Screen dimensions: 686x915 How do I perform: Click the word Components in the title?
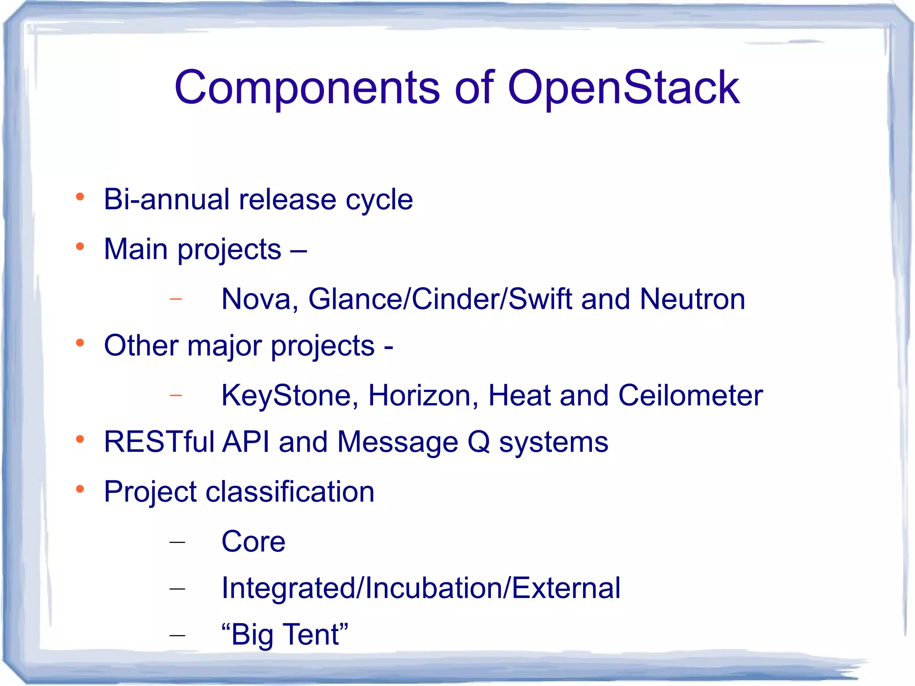click(x=307, y=88)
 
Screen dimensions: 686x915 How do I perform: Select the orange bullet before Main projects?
click(x=80, y=246)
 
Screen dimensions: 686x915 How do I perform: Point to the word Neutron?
click(x=692, y=299)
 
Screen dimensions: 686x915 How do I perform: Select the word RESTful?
click(x=159, y=442)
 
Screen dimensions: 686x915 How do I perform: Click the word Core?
click(x=253, y=542)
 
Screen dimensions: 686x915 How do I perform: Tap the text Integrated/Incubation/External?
click(x=421, y=588)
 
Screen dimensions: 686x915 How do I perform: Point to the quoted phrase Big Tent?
click(x=285, y=635)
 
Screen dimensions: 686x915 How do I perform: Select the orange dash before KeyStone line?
click(x=176, y=396)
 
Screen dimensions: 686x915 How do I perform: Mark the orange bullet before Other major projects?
click(x=80, y=343)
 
